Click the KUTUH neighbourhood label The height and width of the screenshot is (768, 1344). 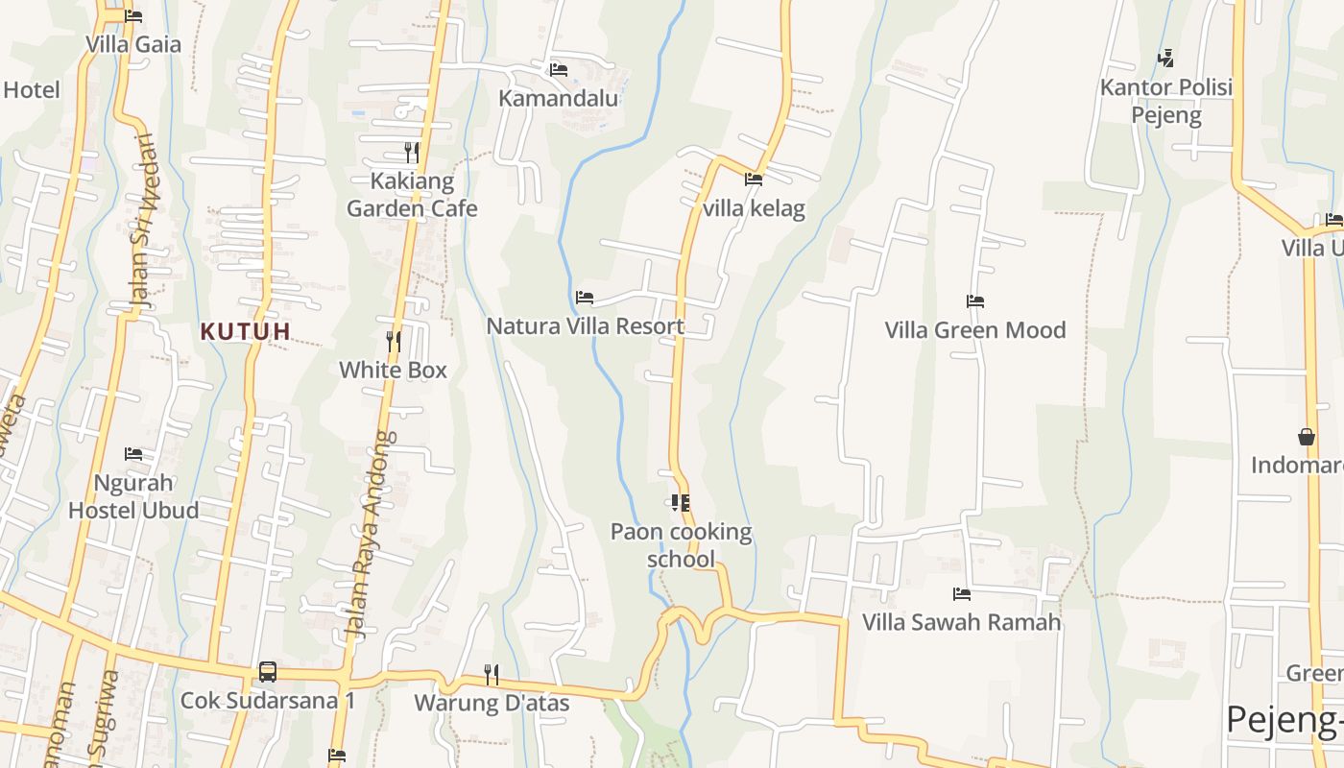[245, 331]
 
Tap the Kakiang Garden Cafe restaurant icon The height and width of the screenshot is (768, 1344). [412, 153]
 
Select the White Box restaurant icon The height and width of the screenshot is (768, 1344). [393, 342]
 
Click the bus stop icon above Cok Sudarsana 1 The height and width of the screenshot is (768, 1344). [268, 672]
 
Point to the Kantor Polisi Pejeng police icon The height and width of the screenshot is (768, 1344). [1165, 59]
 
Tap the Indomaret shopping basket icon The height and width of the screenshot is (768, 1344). [1307, 437]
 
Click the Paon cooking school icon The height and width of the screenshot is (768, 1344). [681, 502]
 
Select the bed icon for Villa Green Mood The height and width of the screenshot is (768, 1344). [975, 301]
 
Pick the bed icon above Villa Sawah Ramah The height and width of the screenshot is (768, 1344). [962, 593]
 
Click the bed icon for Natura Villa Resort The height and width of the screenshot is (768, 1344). [585, 298]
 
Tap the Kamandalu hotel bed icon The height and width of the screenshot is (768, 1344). [559, 69]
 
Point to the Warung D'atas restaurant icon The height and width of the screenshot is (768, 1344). [492, 674]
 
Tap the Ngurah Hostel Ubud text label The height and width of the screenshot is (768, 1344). [133, 496]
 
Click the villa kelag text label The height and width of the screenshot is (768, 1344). [754, 208]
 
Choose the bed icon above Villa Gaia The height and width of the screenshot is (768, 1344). [133, 16]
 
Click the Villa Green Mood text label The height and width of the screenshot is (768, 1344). [975, 330]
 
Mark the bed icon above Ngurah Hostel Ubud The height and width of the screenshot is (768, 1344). [133, 453]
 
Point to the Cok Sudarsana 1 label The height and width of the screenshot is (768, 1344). [268, 701]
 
